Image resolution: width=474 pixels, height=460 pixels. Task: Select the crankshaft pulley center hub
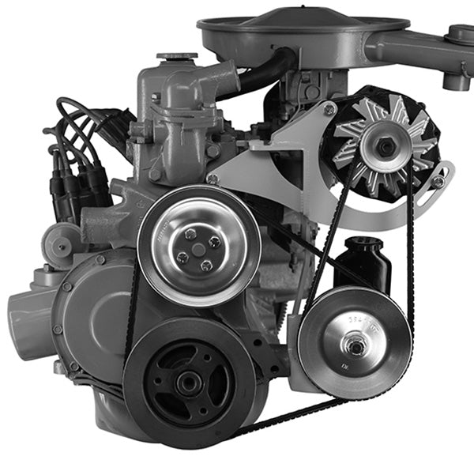[x=187, y=384]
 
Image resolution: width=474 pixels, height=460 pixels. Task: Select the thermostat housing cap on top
[x=177, y=57]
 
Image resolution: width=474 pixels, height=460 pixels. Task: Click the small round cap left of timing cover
[x=60, y=241]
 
